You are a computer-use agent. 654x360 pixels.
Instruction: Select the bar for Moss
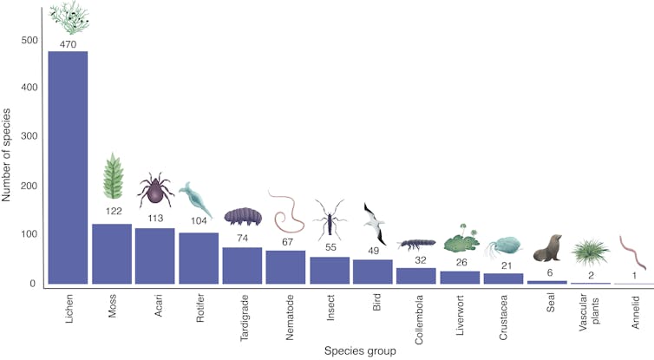pyautogui.click(x=112, y=253)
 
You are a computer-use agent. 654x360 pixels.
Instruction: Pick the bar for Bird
pyautogui.click(x=373, y=272)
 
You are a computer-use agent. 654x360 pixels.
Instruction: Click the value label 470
pyautogui.click(x=69, y=43)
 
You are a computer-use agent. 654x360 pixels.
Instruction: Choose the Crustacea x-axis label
pyautogui.click(x=504, y=314)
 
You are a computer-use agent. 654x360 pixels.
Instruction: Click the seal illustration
pyautogui.click(x=548, y=249)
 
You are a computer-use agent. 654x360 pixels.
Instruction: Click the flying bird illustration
pyautogui.click(x=374, y=223)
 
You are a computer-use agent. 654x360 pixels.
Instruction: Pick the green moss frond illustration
pyautogui.click(x=113, y=176)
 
